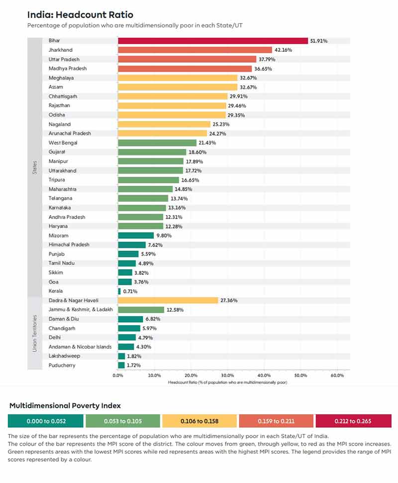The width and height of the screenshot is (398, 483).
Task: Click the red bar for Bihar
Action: pyautogui.click(x=213, y=41)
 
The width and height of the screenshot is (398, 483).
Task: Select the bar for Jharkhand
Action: pyautogui.click(x=195, y=50)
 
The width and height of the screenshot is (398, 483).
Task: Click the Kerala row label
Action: pyautogui.click(x=56, y=291)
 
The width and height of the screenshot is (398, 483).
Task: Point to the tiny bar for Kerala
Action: pyautogui.click(x=119, y=291)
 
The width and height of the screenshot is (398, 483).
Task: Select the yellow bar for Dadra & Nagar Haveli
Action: pyautogui.click(x=168, y=300)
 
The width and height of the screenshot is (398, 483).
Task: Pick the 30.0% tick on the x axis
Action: pyautogui.click(x=227, y=375)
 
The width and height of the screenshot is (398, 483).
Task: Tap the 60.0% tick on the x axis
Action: pyautogui.click(x=337, y=375)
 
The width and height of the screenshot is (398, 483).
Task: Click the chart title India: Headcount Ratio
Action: pyautogui.click(x=80, y=15)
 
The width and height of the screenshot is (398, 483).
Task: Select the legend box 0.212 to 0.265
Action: pyautogui.click(x=354, y=421)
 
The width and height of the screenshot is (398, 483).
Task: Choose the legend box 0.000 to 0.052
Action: pyautogui.click(x=45, y=421)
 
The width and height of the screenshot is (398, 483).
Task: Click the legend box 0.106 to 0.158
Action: pyautogui.click(x=199, y=421)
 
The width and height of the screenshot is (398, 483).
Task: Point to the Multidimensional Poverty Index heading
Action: pyautogui.click(x=65, y=406)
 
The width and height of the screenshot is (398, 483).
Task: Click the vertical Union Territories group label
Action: pyautogui.click(x=35, y=333)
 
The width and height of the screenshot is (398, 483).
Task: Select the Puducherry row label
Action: pyautogui.click(x=62, y=365)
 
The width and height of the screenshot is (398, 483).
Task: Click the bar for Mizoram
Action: pyautogui.click(x=136, y=236)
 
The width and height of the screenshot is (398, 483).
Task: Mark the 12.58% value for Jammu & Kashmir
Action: pyautogui.click(x=175, y=310)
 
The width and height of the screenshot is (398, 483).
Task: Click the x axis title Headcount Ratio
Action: pyautogui.click(x=227, y=382)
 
